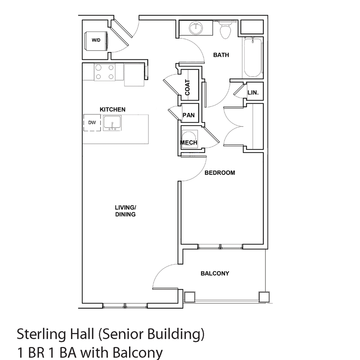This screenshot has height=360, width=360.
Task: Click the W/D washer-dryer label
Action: [96, 40]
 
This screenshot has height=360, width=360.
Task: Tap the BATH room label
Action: [221, 55]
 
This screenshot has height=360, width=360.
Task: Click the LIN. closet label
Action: [253, 93]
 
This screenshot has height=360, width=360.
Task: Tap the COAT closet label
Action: [187, 88]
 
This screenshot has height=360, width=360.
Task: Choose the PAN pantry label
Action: [188, 115]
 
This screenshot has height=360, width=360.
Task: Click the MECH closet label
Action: [188, 142]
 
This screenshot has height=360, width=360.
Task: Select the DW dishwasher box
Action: [92, 123]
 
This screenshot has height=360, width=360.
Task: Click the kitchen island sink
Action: [112, 123]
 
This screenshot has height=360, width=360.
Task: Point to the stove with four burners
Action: [104, 72]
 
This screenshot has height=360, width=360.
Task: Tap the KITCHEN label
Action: [112, 110]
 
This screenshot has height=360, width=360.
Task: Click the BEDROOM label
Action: [220, 173]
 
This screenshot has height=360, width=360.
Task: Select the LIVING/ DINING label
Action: [126, 211]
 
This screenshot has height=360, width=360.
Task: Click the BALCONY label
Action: [215, 273]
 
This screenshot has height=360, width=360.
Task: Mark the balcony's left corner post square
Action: [189, 297]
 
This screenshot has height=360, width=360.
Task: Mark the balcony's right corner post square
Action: [263, 297]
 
